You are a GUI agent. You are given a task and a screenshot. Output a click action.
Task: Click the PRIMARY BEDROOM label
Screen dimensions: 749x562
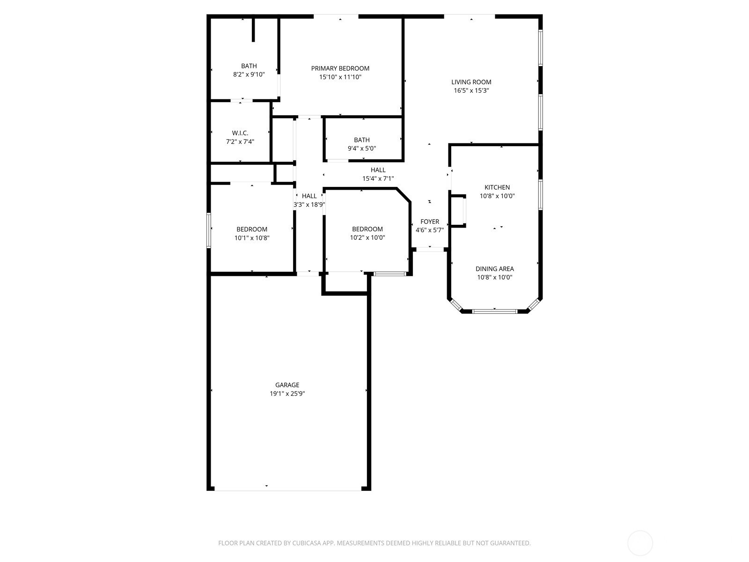[340, 68]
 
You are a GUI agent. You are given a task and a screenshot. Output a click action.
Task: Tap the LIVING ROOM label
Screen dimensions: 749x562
[471, 82]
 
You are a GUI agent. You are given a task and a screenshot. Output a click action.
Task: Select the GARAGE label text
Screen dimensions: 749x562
[287, 385]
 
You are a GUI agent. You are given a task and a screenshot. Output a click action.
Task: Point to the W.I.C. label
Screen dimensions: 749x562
[240, 133]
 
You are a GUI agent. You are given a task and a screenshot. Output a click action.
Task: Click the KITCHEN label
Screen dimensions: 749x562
[497, 187]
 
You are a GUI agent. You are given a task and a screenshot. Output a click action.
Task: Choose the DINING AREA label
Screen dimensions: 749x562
[494, 269]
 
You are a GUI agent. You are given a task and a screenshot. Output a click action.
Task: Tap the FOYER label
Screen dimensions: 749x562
[430, 222]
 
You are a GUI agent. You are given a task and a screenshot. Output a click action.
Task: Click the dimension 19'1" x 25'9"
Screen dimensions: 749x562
[287, 393]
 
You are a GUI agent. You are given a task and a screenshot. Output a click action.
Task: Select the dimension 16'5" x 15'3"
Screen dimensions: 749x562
[471, 90]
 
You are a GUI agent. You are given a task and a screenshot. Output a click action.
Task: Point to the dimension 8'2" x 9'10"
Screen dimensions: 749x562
[249, 74]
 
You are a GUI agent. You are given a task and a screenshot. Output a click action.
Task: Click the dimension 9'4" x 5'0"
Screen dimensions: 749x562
[362, 148]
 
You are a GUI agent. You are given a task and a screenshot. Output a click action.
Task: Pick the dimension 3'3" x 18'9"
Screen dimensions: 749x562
[309, 205]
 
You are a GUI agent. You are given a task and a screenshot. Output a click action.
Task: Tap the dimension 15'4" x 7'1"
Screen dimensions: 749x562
[378, 178]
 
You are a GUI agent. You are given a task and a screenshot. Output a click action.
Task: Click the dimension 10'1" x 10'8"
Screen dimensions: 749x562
[252, 238]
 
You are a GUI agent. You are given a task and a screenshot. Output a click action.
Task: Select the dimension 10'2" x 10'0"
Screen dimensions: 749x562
[367, 237]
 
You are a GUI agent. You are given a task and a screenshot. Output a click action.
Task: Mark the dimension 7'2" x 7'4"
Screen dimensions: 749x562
[240, 141]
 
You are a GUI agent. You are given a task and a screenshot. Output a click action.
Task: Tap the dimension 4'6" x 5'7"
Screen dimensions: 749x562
[430, 230]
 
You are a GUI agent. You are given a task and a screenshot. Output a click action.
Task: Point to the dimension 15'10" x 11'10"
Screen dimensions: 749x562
[340, 77]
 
